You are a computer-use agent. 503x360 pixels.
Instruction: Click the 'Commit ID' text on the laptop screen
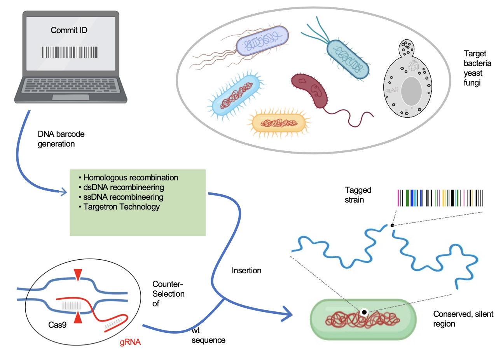(69, 30)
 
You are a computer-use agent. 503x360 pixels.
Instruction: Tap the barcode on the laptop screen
(70, 52)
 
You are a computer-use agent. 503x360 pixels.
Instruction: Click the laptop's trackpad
(70, 97)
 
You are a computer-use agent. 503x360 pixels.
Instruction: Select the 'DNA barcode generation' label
(61, 139)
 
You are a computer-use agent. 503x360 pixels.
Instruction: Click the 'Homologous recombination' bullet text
(131, 178)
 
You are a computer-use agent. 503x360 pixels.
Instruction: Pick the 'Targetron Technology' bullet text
(121, 207)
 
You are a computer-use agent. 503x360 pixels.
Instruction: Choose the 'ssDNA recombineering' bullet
(123, 197)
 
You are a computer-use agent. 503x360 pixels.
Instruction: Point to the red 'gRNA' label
(130, 343)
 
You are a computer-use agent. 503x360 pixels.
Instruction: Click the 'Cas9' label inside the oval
(57, 325)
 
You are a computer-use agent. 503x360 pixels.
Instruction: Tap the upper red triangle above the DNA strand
(78, 274)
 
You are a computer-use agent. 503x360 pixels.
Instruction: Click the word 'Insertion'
(246, 271)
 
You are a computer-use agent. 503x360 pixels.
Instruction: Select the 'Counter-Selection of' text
(168, 294)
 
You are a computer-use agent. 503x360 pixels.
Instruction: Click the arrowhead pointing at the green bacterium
(288, 314)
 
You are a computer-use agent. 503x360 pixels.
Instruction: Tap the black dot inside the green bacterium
(364, 312)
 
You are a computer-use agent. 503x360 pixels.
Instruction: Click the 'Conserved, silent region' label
(463, 319)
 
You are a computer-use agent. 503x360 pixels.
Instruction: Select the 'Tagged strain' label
(358, 195)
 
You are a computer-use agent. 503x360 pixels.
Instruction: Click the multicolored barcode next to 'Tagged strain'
(440, 198)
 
